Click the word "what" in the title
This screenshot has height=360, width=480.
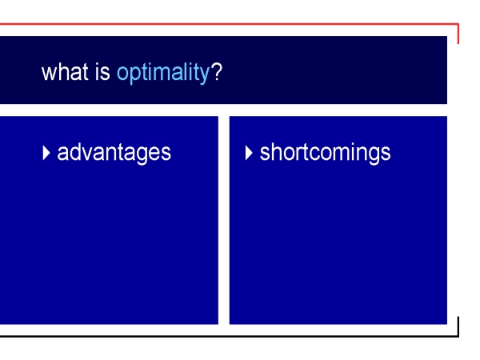pos(65,72)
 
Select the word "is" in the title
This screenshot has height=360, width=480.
pos(102,72)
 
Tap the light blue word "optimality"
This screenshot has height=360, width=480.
pos(163,73)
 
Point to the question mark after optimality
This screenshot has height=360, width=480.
pos(217,72)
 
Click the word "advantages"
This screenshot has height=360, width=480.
pos(114,153)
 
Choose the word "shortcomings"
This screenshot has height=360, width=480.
pos(325,153)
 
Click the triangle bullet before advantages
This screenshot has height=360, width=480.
pos(46,153)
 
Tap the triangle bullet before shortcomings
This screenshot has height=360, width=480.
pos(249,153)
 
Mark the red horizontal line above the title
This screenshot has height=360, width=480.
pos(230,23)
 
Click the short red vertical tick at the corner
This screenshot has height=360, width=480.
pos(458,34)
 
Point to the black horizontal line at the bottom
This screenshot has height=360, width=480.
pos(230,336)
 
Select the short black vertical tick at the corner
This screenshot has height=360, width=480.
pos(458,326)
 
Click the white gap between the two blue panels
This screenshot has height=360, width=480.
pos(224,220)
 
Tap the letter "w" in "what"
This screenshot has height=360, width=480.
pos(49,74)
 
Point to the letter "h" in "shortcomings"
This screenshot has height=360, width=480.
pos(275,151)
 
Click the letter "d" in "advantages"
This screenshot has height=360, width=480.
pos(74,151)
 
